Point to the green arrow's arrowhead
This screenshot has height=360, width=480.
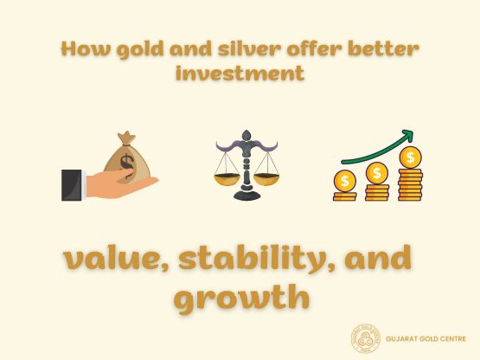pyautogui.click(x=407, y=136)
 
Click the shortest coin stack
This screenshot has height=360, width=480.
pyautogui.click(x=345, y=187)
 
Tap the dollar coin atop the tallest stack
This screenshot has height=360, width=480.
pyautogui.click(x=411, y=158)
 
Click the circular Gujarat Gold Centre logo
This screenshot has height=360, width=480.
pyautogui.click(x=365, y=338)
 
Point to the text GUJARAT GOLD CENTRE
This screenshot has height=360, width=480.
pyautogui.click(x=426, y=338)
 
